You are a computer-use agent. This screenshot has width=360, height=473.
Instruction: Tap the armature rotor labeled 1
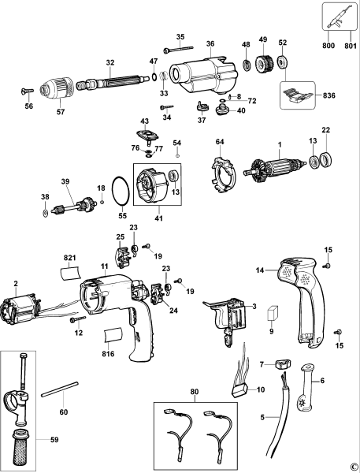tap(276, 168)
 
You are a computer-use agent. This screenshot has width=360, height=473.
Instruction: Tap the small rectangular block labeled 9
tap(273, 311)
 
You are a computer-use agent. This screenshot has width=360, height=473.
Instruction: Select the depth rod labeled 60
tap(61, 391)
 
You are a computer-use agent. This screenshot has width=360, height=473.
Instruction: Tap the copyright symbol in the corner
tap(353, 467)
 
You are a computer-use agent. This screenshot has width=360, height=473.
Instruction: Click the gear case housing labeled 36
tap(204, 76)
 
